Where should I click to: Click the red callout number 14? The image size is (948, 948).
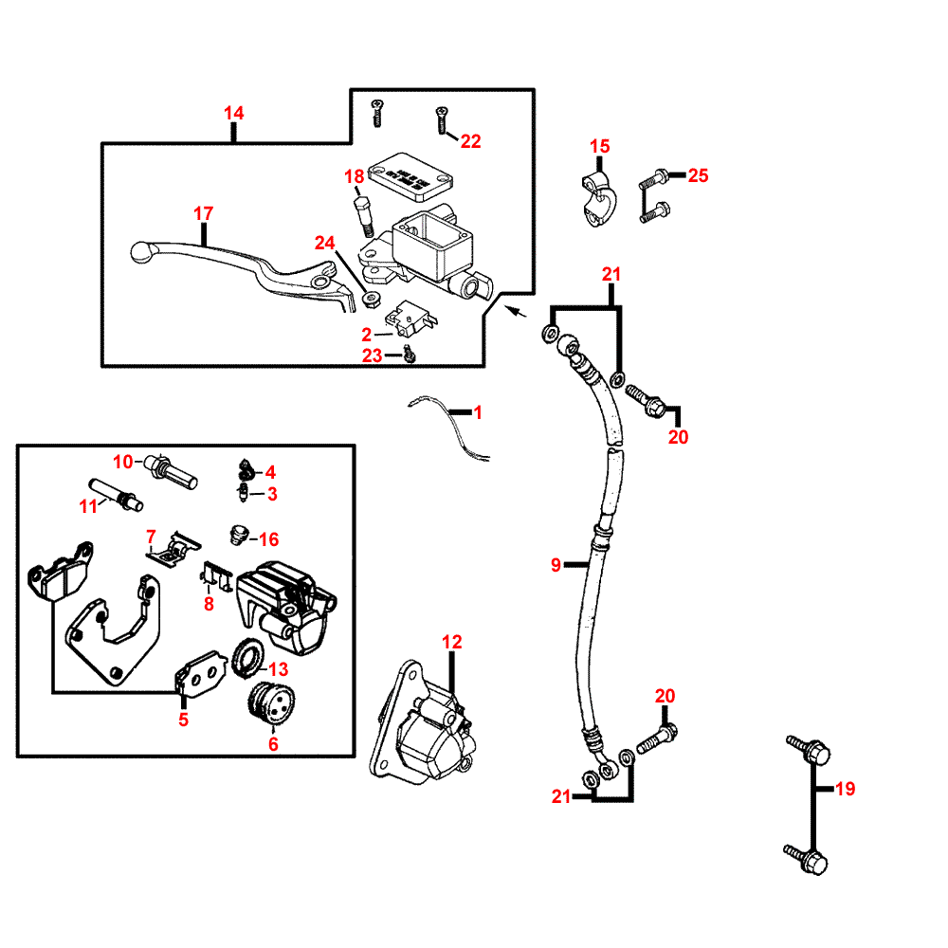point(233,113)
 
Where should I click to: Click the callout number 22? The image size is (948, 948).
point(471,141)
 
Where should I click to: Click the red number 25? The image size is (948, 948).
point(698,174)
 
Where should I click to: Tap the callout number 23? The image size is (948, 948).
point(371,355)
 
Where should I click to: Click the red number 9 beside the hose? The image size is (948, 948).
point(556,566)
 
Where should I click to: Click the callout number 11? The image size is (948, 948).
point(88,506)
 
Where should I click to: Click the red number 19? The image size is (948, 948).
point(846,789)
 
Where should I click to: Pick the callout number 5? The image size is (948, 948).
point(183,720)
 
